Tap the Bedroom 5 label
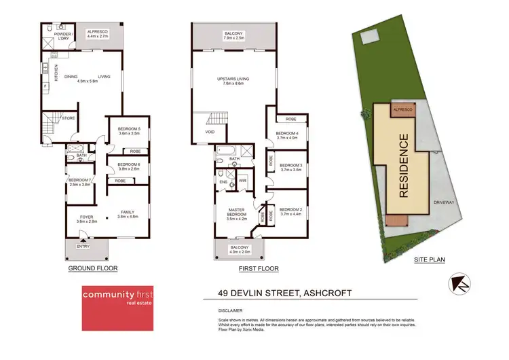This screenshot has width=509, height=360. click(x=129, y=131)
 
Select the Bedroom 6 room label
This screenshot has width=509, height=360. click(x=129, y=166)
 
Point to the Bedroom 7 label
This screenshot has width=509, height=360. click(x=80, y=181)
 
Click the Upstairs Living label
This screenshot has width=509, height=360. click(x=233, y=81)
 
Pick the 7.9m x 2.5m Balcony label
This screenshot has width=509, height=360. click(x=233, y=35)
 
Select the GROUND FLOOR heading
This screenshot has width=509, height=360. click(x=92, y=268)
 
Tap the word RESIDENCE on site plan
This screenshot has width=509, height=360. click(x=403, y=166)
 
